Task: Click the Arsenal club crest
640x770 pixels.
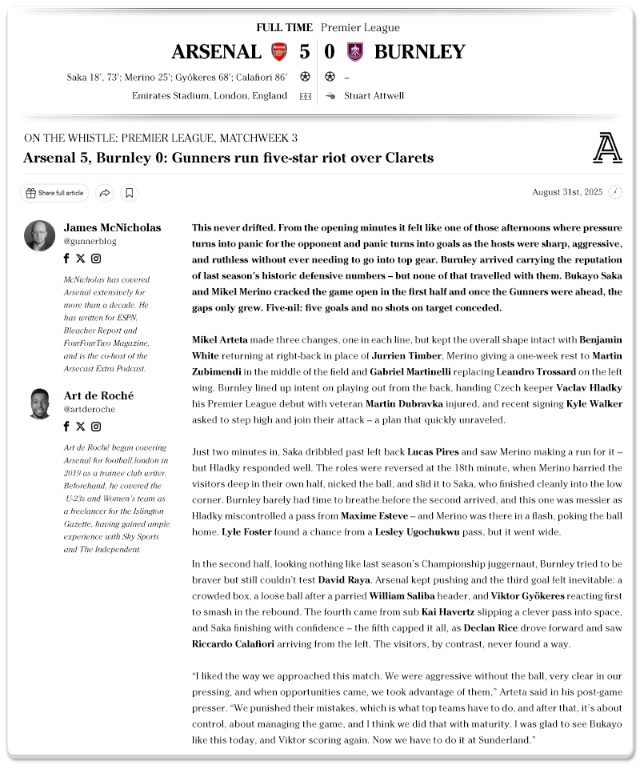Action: click(x=279, y=52)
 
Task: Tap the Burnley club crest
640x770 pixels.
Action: click(x=354, y=52)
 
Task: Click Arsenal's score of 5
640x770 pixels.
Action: click(x=304, y=52)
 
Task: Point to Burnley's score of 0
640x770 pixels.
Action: click(x=330, y=52)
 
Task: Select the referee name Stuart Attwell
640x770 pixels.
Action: click(x=374, y=96)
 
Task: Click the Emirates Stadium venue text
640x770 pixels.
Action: click(x=210, y=96)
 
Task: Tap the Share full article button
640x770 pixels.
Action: click(x=54, y=193)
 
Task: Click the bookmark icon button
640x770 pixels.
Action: click(x=130, y=193)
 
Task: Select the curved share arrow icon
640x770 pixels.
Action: click(x=104, y=193)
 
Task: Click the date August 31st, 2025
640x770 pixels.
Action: click(x=566, y=192)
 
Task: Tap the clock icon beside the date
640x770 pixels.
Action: click(x=614, y=192)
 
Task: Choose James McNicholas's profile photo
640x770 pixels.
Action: click(x=39, y=235)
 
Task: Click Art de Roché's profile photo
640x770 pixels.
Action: click(x=39, y=403)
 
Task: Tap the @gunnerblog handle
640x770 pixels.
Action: click(x=88, y=241)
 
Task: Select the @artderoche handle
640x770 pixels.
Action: click(x=89, y=409)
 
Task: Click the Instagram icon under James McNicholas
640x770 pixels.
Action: click(x=96, y=259)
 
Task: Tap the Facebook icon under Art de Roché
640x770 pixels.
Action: click(x=66, y=427)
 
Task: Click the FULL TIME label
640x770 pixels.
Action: click(x=284, y=28)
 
